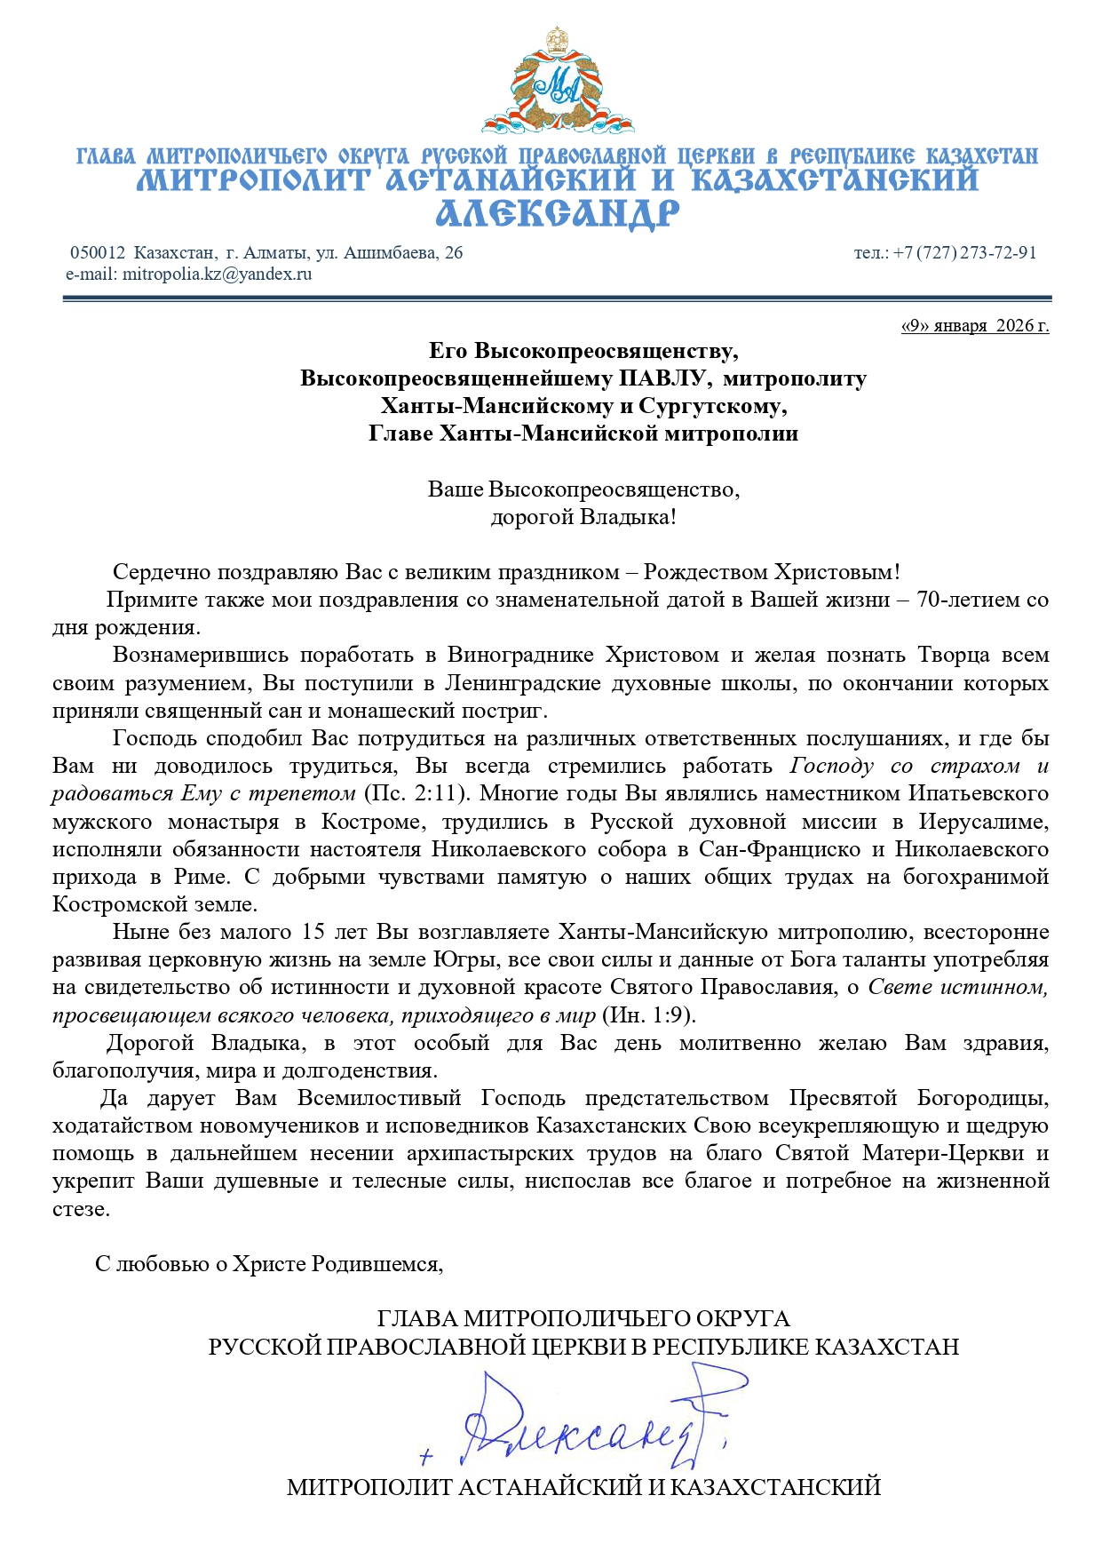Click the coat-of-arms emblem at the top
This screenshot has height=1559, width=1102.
tap(558, 82)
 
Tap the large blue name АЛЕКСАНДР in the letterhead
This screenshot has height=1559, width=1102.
tap(558, 214)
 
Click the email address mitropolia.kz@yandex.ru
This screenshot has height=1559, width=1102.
tap(218, 274)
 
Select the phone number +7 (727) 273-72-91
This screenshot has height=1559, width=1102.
tap(964, 253)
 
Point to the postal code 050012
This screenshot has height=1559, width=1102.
tap(98, 253)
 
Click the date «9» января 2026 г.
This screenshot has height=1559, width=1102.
tap(975, 326)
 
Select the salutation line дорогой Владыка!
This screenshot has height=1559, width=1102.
tap(583, 517)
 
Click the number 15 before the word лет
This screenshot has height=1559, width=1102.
tap(313, 933)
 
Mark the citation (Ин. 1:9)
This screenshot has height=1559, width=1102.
tap(649, 1015)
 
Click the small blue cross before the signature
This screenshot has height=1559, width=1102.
tap(427, 1457)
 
